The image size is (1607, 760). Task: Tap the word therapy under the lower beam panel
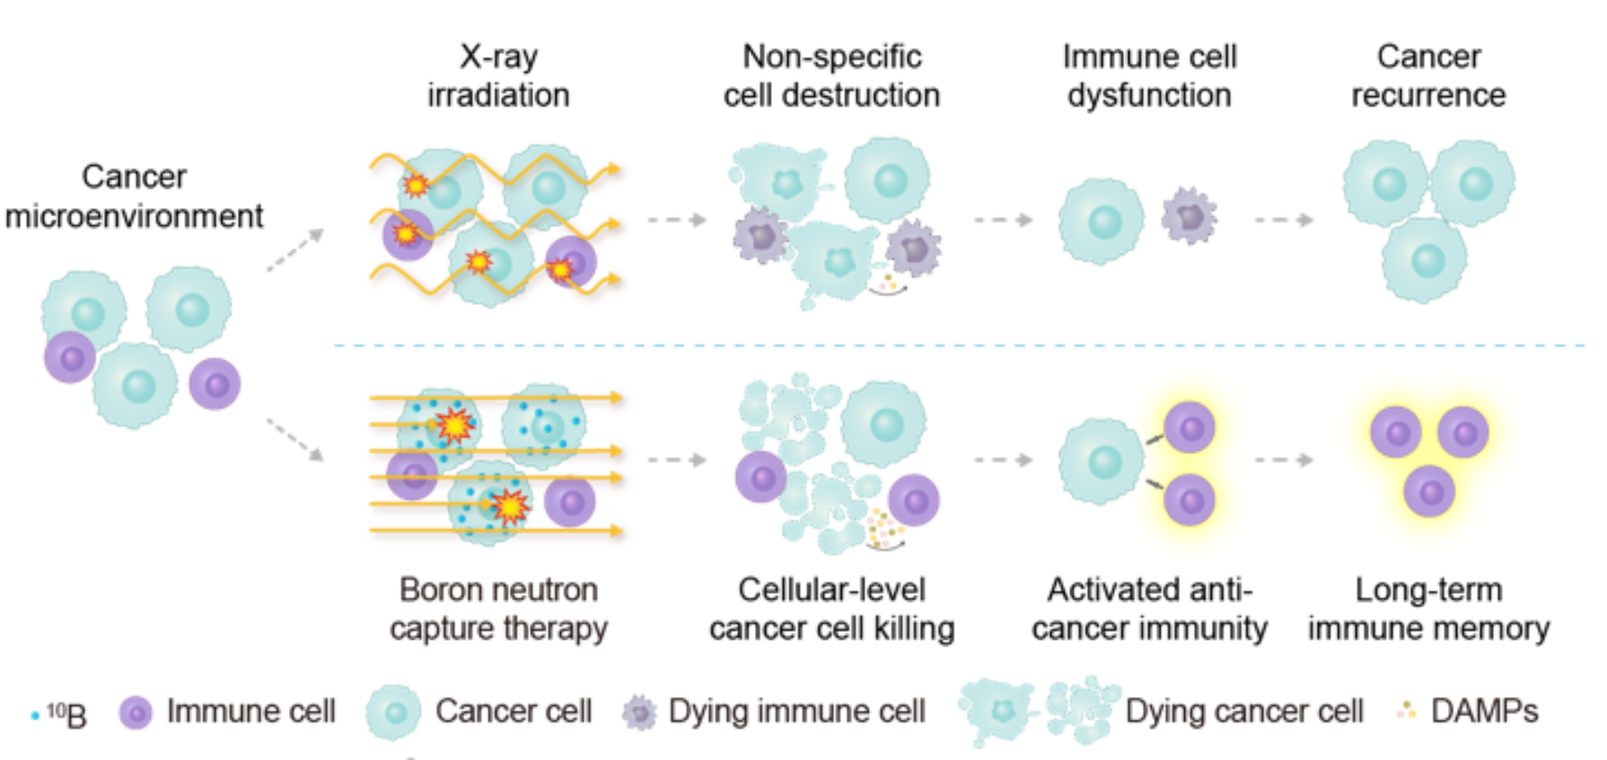pos(555,628)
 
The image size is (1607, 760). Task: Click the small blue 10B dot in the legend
pos(35,715)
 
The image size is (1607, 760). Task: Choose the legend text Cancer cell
pos(513,712)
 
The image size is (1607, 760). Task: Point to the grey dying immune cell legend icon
pos(639,713)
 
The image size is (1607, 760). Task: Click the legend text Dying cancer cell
pos(1243,712)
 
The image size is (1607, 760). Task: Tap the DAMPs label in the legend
pos(1485,712)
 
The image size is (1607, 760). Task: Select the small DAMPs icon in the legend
pos(1405,712)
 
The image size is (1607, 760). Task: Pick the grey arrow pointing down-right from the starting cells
pos(294,440)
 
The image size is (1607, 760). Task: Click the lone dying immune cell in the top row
pos(1189,216)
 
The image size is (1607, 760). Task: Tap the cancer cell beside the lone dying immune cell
pos(1102,221)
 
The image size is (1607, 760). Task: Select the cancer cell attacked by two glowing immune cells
pos(1101,461)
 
